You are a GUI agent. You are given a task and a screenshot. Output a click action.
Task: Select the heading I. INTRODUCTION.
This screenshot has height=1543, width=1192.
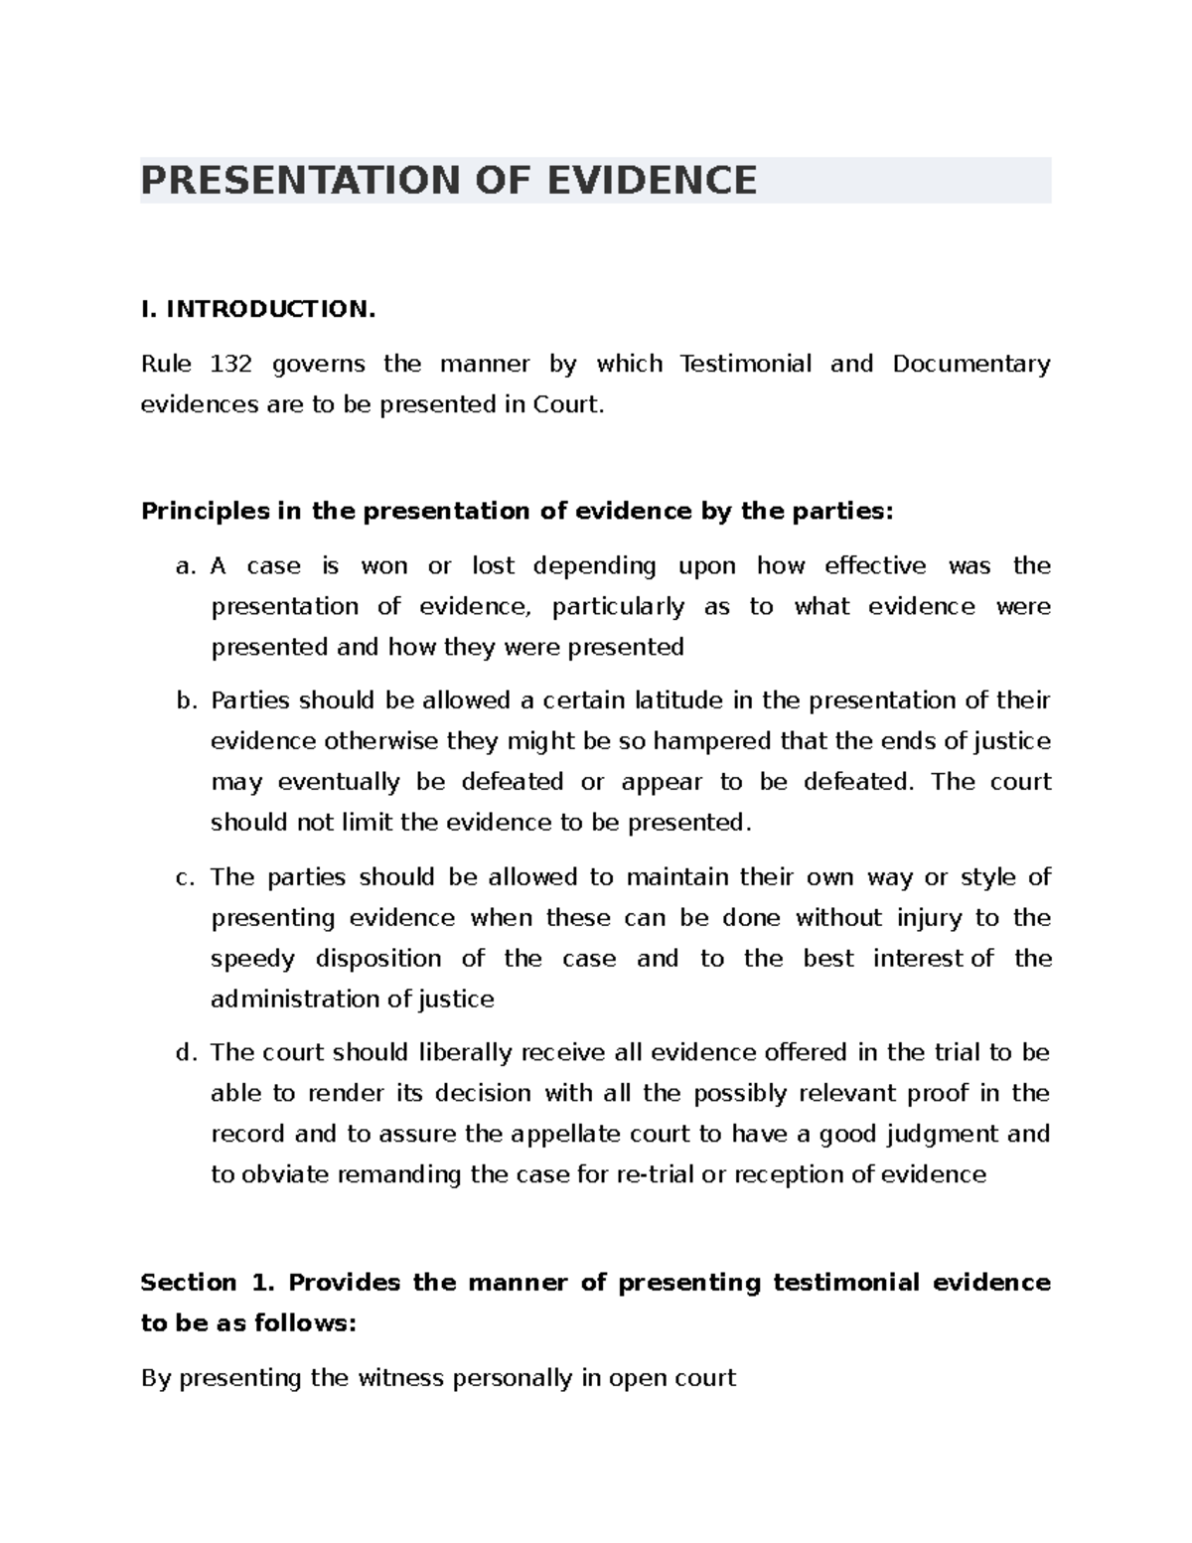click(258, 309)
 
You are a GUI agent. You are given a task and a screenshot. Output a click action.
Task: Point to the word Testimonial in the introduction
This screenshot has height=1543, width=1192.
click(745, 364)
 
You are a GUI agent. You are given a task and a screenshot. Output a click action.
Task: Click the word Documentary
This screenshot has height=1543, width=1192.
click(970, 364)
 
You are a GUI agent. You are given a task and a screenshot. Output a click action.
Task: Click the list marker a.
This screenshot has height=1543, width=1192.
click(184, 566)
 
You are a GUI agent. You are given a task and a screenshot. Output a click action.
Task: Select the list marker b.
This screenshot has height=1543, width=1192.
click(184, 701)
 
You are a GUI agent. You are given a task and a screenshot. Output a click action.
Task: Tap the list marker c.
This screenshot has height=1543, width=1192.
click(184, 877)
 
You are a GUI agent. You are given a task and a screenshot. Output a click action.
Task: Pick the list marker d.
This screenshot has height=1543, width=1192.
click(184, 1053)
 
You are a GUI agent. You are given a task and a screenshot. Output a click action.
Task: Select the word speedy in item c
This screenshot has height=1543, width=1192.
click(252, 959)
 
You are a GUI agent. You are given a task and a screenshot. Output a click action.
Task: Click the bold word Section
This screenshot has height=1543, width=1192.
click(189, 1283)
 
